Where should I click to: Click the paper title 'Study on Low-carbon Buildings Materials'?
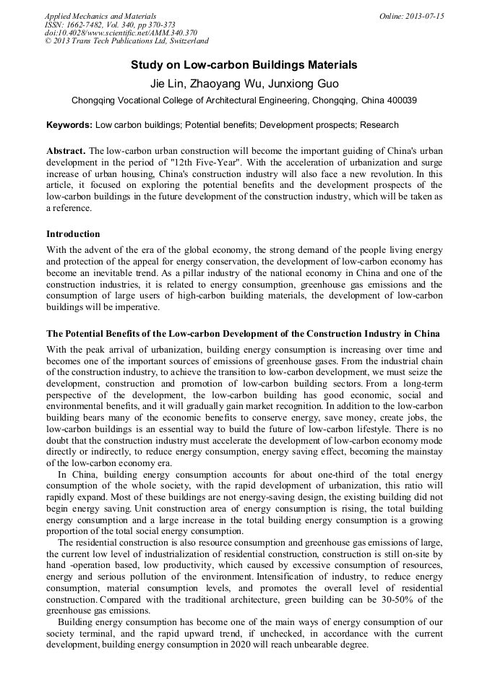click(244, 65)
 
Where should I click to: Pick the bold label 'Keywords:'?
click(69, 125)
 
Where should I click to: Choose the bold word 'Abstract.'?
click(66, 150)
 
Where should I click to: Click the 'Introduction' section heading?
click(73, 233)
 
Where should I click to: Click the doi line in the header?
click(121, 33)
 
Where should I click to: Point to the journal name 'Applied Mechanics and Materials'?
click(100, 16)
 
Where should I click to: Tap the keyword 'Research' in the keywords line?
click(379, 125)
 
